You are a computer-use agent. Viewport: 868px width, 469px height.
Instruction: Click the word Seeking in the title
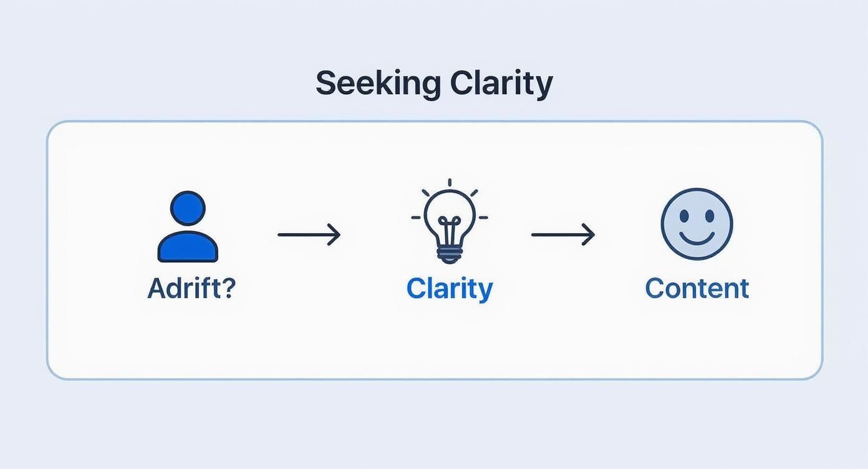(x=379, y=84)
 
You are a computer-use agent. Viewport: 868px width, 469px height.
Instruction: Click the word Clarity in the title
(x=501, y=84)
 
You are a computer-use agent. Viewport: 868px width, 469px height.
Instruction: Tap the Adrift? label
(x=191, y=288)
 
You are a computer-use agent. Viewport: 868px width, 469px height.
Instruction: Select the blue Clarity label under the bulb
(x=450, y=289)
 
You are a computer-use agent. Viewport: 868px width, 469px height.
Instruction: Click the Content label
(x=697, y=288)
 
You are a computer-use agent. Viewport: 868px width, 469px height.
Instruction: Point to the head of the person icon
(x=188, y=208)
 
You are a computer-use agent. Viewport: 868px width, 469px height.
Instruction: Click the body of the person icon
(x=188, y=246)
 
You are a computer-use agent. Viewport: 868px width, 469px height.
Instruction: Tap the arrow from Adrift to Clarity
(x=309, y=234)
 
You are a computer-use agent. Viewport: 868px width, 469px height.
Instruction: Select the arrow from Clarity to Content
(x=562, y=234)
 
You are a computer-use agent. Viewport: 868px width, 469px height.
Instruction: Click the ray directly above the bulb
(x=450, y=183)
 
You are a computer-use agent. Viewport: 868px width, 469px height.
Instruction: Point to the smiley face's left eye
(x=684, y=216)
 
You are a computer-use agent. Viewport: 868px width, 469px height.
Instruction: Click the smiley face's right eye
(x=710, y=216)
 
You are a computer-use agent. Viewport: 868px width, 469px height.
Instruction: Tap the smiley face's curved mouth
(x=697, y=239)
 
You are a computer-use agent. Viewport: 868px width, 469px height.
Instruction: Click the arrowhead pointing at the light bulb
(x=334, y=234)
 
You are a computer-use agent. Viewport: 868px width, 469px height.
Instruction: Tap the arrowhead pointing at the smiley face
(x=588, y=234)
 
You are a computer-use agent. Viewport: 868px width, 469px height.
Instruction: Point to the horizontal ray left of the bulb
(x=416, y=218)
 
